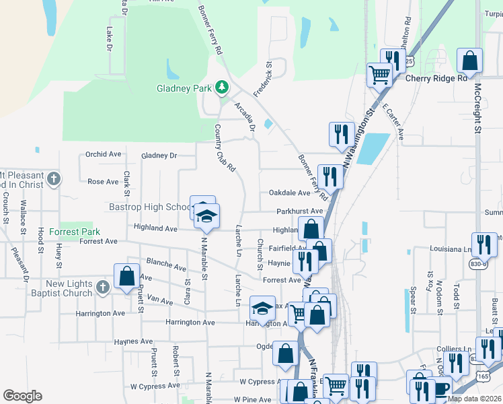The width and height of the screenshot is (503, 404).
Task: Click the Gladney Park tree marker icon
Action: coord(221,88)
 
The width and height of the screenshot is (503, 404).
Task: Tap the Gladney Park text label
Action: coord(184,88)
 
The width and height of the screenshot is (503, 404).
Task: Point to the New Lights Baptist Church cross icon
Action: coord(102,288)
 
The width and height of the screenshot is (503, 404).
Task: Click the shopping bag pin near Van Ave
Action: coord(126,276)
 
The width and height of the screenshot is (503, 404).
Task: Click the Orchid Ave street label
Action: coord(104,154)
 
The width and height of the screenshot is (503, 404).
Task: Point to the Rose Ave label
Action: coord(103,181)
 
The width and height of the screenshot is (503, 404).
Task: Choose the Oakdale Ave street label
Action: coord(290,193)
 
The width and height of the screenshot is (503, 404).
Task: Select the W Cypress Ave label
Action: coord(155,386)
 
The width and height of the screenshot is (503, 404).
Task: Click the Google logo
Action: coord(22,396)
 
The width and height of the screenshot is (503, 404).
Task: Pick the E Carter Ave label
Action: coord(393,122)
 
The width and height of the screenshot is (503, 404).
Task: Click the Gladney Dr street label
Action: coord(159,156)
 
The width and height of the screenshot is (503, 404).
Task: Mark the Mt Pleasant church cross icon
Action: coord(54,180)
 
